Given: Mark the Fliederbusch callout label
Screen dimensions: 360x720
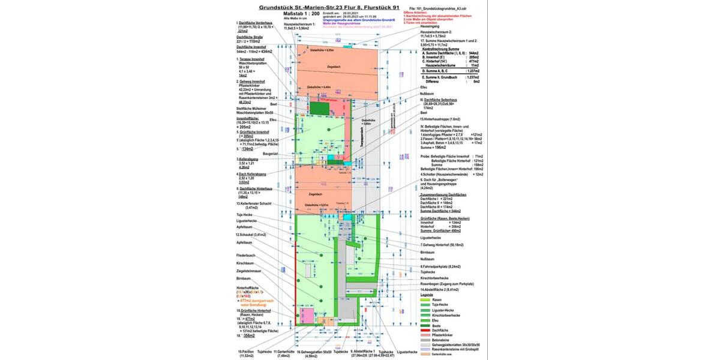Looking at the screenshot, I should (x=246, y=256).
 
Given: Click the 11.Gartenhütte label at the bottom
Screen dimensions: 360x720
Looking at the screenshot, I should (x=284, y=352).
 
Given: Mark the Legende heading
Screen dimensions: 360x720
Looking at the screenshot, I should (x=427, y=295).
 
